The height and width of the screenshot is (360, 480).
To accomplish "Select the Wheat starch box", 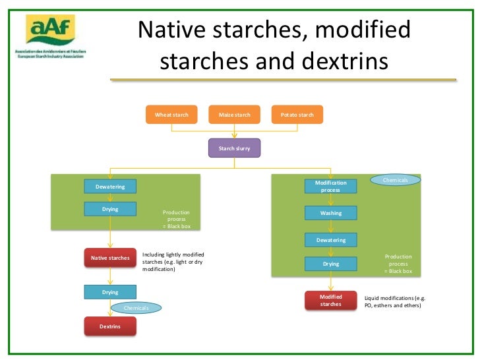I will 171,115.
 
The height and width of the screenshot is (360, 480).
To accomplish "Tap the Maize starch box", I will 234,115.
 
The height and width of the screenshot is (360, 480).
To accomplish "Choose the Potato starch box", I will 297,115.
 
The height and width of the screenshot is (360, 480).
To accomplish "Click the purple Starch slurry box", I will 234,148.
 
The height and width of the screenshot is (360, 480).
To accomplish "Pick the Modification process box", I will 330,186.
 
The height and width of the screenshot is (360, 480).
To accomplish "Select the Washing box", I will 330,213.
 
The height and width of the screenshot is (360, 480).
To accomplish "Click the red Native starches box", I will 110,258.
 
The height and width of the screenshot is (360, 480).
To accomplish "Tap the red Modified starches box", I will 330,301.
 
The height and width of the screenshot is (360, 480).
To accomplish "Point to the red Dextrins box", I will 110,326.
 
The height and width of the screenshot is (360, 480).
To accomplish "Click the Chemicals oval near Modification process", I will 395,180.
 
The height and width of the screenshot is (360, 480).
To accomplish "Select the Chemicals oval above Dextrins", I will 136,308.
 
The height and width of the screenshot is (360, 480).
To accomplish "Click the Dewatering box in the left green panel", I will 110,187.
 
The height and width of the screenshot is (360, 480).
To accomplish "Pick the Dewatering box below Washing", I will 330,240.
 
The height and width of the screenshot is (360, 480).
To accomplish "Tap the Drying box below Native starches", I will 110,291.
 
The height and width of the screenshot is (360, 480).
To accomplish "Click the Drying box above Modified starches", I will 330,264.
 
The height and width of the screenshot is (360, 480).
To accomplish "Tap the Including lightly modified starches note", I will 173,262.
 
